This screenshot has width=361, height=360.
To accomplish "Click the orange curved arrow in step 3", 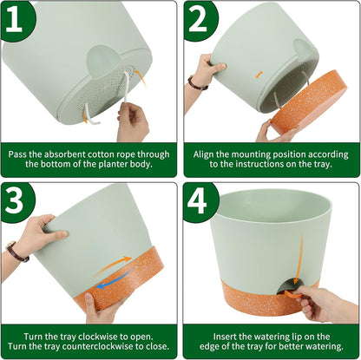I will coord(118,261).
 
